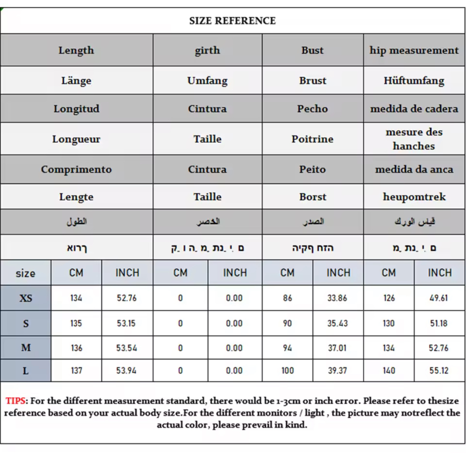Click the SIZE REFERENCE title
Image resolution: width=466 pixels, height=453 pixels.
(x=232, y=21)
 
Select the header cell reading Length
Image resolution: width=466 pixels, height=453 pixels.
(x=76, y=50)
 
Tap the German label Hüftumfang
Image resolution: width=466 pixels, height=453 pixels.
(x=414, y=81)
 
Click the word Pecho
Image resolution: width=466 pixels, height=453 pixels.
(x=312, y=109)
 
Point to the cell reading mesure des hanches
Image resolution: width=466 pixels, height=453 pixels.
(x=414, y=139)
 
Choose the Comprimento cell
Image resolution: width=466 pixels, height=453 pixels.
(x=76, y=169)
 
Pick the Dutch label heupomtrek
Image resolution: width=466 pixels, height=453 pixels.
(x=414, y=197)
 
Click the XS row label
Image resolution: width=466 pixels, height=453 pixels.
(x=26, y=298)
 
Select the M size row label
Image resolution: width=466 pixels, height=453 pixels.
(x=26, y=348)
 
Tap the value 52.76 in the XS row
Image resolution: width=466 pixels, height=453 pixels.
(x=127, y=298)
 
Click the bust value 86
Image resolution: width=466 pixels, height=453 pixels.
(x=288, y=298)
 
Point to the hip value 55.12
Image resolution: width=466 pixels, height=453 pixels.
(x=439, y=371)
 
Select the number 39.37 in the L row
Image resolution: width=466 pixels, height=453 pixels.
(x=337, y=371)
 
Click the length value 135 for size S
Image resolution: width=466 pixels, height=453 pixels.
(x=76, y=323)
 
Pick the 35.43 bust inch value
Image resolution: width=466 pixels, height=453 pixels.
(x=337, y=323)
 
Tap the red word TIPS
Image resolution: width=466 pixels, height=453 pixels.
(x=16, y=401)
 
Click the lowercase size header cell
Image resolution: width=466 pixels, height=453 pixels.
(x=26, y=273)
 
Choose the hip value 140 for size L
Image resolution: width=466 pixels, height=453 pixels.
(x=389, y=371)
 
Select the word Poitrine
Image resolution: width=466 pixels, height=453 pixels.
(x=312, y=139)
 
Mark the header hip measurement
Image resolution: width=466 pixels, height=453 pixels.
(x=414, y=50)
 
